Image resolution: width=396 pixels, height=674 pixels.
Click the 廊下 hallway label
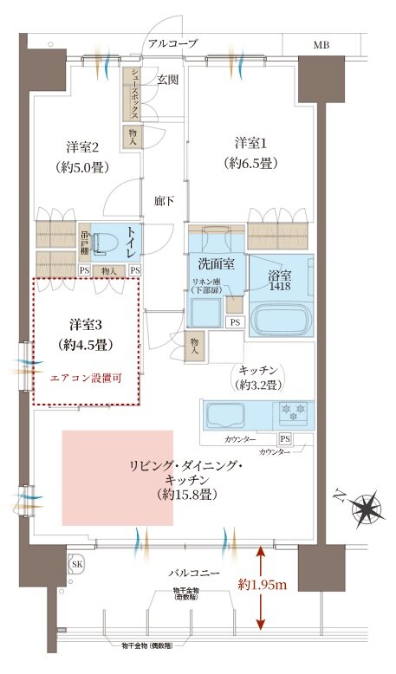click(x=165, y=200)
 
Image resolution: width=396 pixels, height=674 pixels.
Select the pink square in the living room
click(x=117, y=476)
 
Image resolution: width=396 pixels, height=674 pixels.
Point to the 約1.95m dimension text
click(x=264, y=584)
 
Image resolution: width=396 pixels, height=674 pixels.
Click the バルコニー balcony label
click(x=195, y=573)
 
